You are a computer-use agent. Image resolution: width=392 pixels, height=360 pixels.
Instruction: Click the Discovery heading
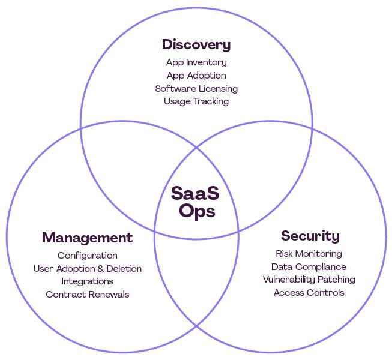tap(196, 45)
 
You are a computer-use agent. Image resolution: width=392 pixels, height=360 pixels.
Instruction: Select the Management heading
tap(87, 238)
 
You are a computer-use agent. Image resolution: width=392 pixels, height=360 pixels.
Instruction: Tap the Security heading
tap(310, 236)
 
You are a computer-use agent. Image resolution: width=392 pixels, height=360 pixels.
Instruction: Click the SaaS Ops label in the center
tap(196, 202)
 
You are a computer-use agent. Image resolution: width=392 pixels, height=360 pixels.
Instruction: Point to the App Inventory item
tap(196, 62)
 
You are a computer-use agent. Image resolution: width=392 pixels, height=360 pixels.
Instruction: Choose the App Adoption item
tap(196, 76)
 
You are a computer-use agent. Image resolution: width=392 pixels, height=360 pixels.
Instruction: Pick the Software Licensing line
tap(196, 89)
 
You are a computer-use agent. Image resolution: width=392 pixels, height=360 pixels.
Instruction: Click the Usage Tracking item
tap(196, 101)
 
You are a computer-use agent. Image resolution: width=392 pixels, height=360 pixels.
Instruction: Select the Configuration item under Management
tap(88, 256)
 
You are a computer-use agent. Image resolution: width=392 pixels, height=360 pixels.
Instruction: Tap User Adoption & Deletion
tap(88, 268)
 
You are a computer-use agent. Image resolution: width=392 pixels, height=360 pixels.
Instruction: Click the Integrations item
tap(88, 281)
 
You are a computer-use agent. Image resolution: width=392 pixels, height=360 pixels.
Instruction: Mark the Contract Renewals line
tap(88, 294)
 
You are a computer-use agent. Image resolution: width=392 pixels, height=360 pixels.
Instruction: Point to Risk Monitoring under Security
tap(309, 254)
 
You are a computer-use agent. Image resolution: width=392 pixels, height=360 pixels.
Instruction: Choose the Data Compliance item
tap(309, 267)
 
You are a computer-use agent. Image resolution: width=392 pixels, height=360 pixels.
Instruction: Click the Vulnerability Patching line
tap(309, 280)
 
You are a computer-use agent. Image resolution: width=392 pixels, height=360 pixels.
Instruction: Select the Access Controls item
tap(309, 293)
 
